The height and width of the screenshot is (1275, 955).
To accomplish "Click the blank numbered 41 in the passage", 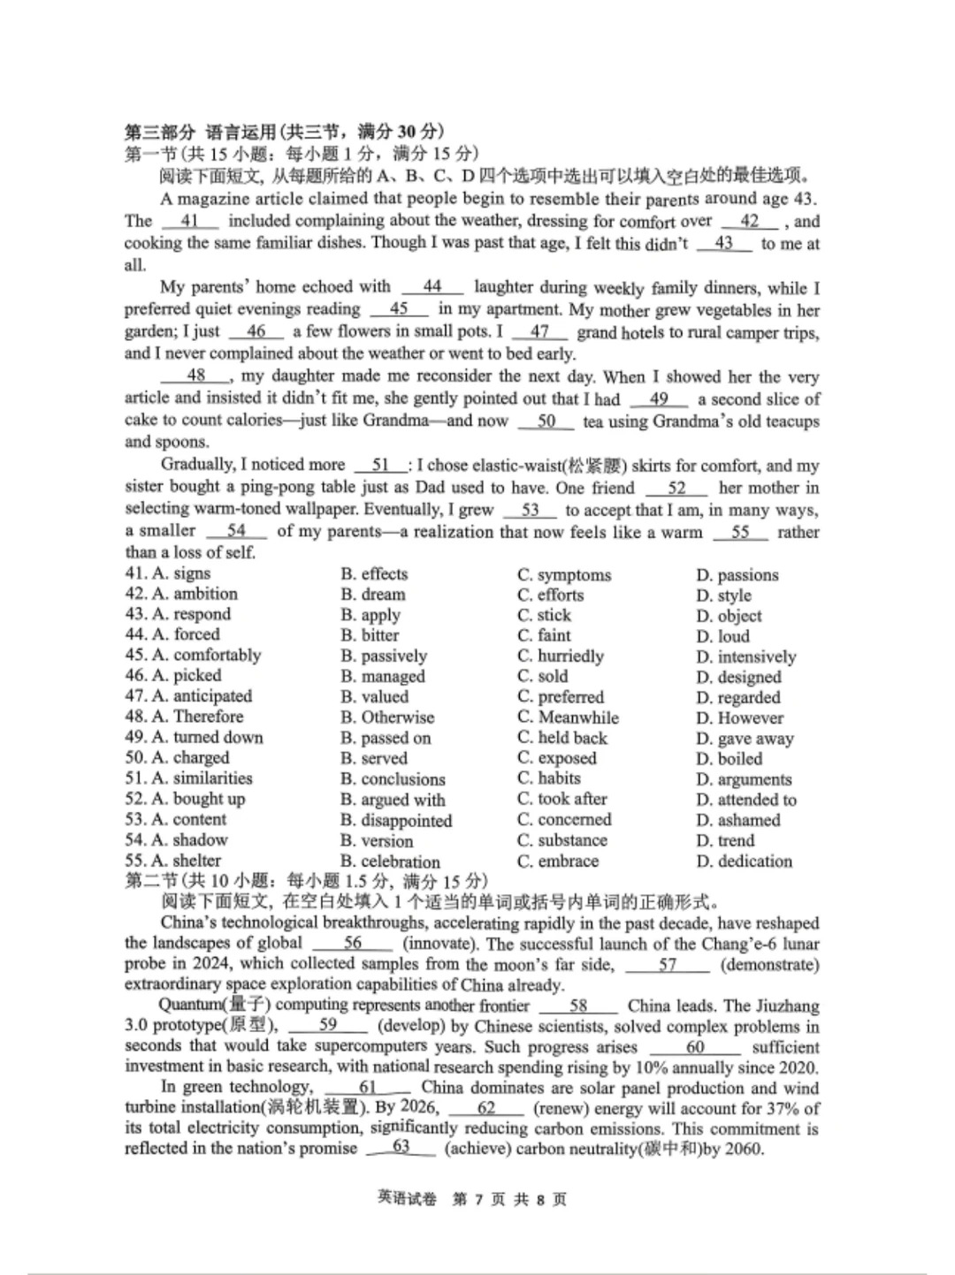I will [189, 221].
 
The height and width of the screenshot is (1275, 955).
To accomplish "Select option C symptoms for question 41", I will [564, 574].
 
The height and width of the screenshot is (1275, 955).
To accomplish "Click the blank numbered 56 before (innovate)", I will [353, 943].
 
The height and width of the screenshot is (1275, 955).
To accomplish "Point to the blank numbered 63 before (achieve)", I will [401, 1148].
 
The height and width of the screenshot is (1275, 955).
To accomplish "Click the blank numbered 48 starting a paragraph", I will [195, 376].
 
